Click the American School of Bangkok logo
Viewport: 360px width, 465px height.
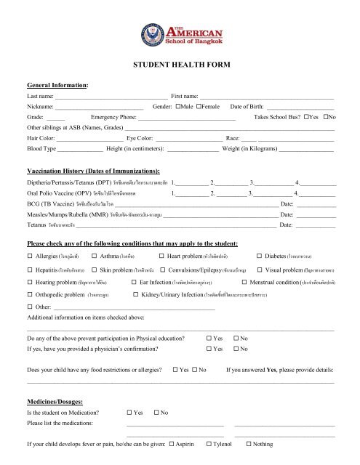(179, 32)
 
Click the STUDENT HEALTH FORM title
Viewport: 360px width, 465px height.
(180, 65)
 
